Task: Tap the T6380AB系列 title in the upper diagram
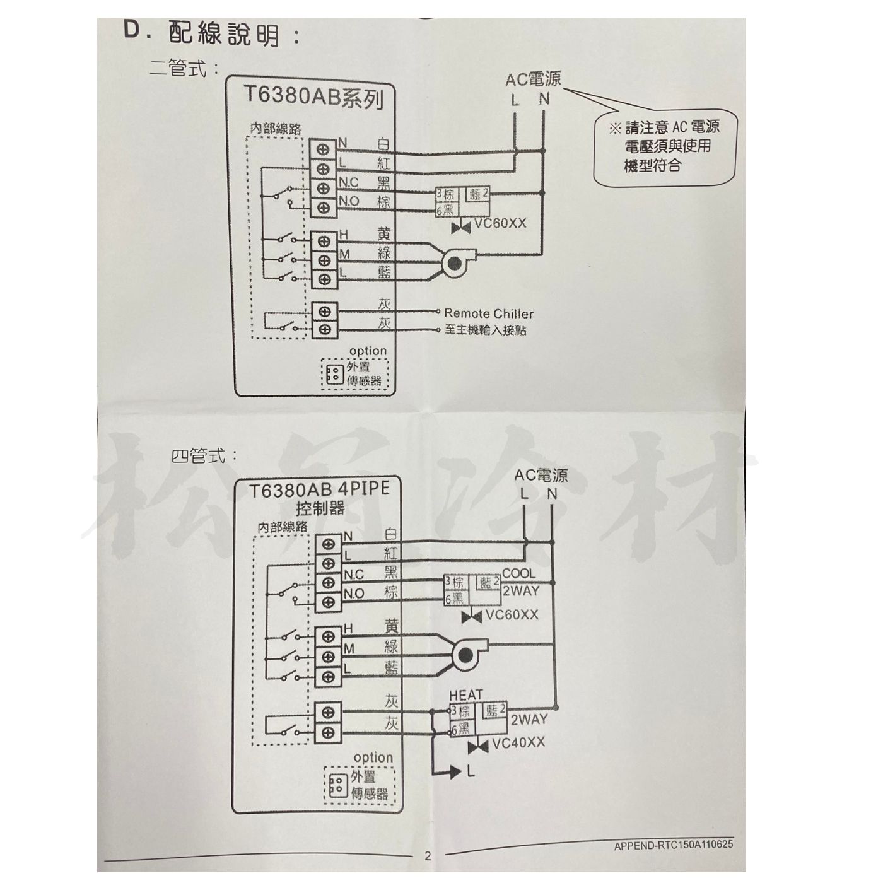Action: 313,98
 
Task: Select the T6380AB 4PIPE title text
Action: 319,490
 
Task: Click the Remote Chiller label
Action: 488,313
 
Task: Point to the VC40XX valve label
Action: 518,743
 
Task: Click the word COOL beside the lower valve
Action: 518,574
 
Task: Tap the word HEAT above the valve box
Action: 466,695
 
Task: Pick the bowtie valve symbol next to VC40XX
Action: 479,747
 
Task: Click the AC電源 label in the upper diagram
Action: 533,79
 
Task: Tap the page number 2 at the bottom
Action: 428,856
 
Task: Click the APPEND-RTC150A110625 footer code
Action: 674,845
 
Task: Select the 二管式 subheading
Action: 180,67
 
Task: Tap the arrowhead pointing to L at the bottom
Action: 455,771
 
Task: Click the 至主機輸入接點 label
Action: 485,330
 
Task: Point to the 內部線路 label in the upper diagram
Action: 276,129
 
